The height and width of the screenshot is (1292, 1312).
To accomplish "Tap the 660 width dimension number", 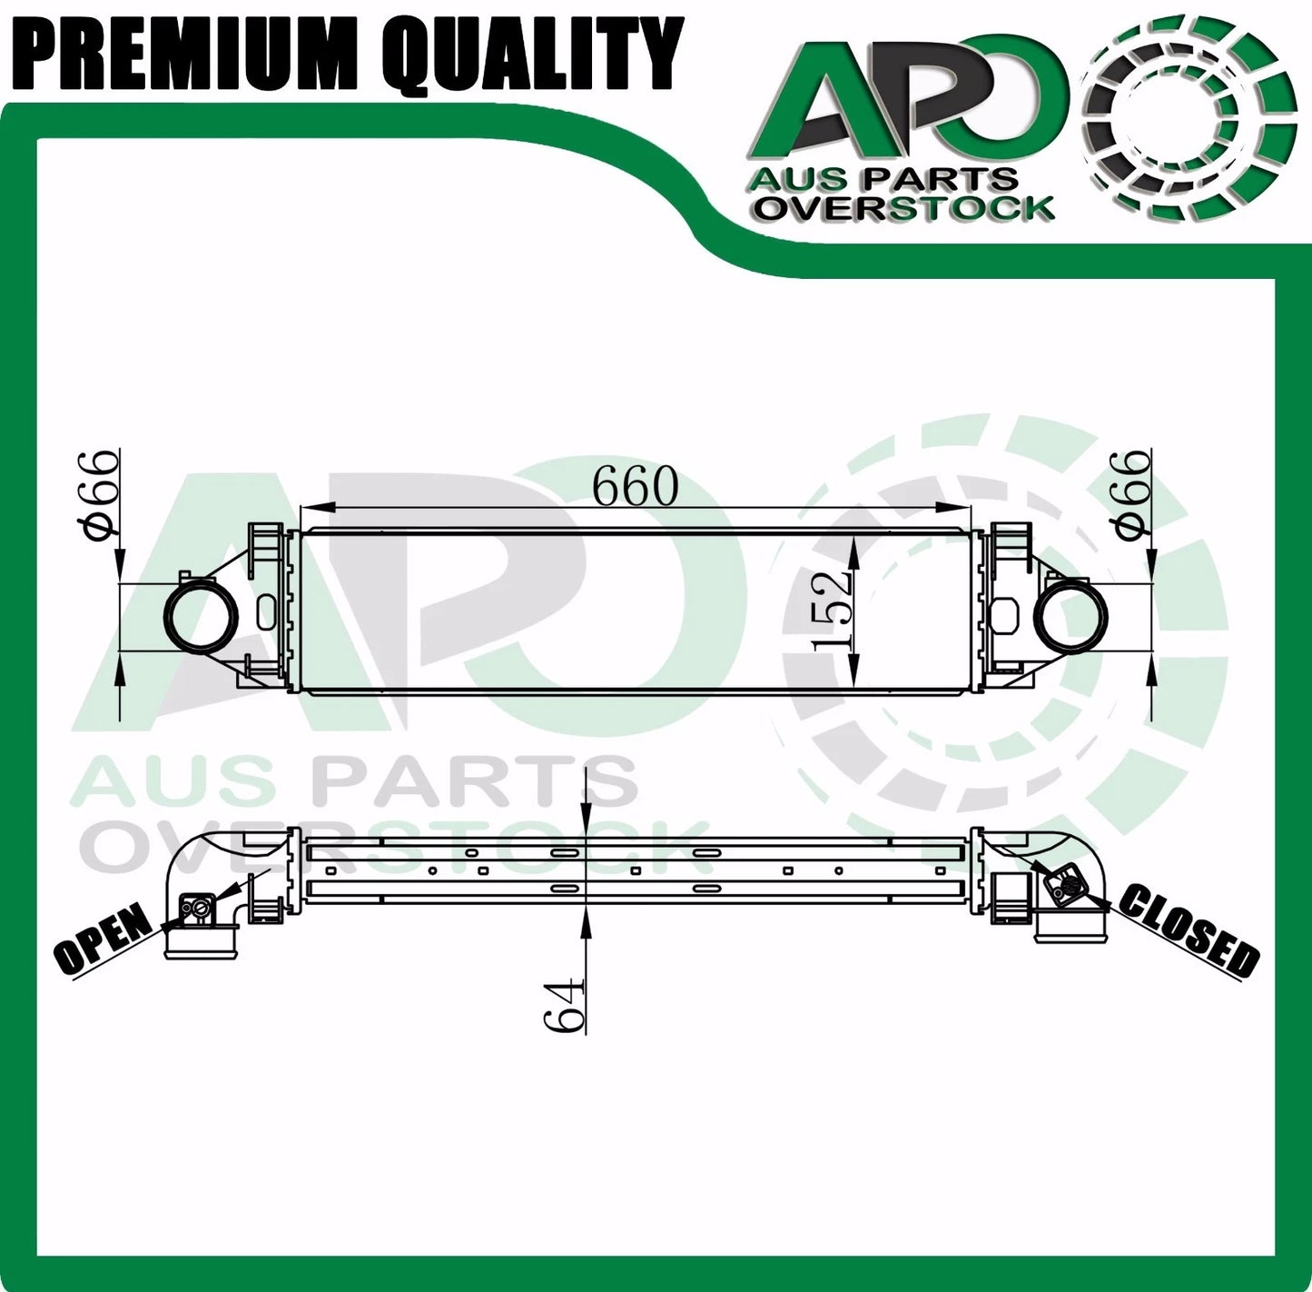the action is coord(636,486).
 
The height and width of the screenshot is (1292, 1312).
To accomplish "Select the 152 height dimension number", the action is coord(832,611).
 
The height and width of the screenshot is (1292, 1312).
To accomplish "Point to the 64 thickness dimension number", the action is coord(565,1005).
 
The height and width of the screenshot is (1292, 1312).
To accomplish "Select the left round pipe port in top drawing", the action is coord(201,617).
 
